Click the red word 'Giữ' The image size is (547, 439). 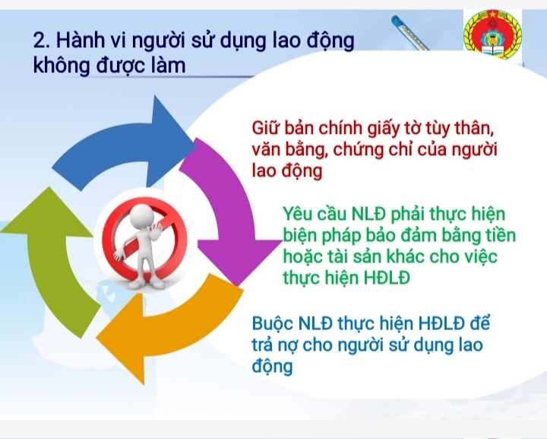(x=267, y=126)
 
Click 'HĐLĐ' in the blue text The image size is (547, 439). (x=440, y=323)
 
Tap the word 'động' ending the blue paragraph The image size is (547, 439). (x=272, y=366)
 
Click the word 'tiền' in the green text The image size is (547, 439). (x=498, y=234)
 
